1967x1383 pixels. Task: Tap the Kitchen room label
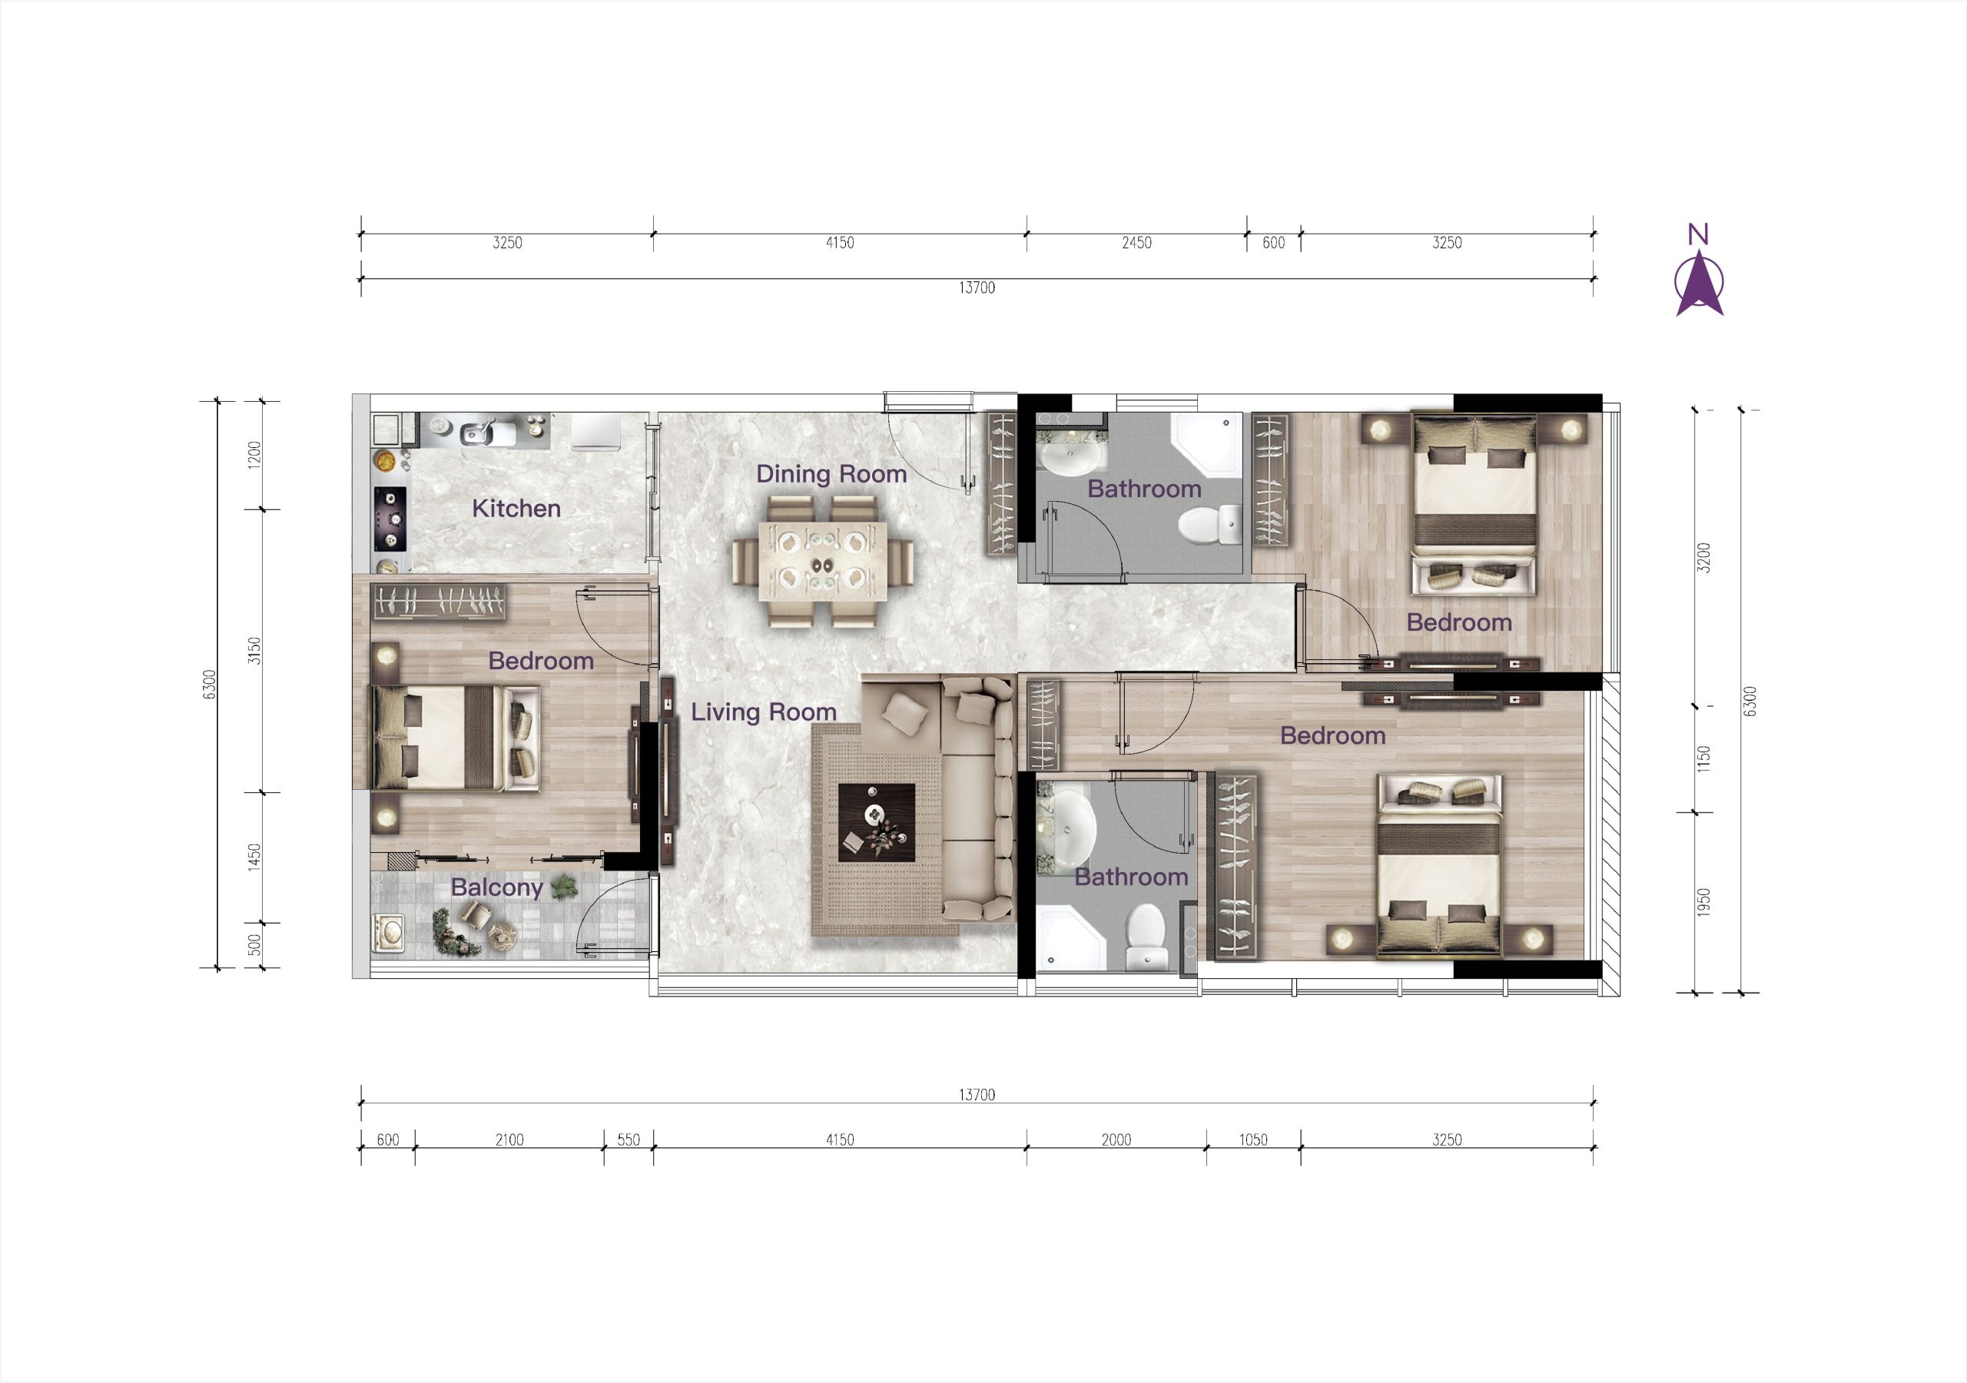[516, 508]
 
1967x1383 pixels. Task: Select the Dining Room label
[831, 474]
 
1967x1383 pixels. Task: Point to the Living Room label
[763, 712]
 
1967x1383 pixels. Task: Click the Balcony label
[497, 887]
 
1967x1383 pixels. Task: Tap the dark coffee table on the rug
[877, 823]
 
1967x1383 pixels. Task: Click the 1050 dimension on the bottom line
[1252, 1139]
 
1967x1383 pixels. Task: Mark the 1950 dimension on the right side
[1703, 902]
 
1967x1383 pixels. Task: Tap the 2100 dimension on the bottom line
[509, 1139]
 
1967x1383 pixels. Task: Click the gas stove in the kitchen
[390, 520]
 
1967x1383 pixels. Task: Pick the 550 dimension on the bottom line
[628, 1139]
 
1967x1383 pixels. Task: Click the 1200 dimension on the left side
[254, 455]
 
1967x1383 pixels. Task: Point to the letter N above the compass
[1698, 234]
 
